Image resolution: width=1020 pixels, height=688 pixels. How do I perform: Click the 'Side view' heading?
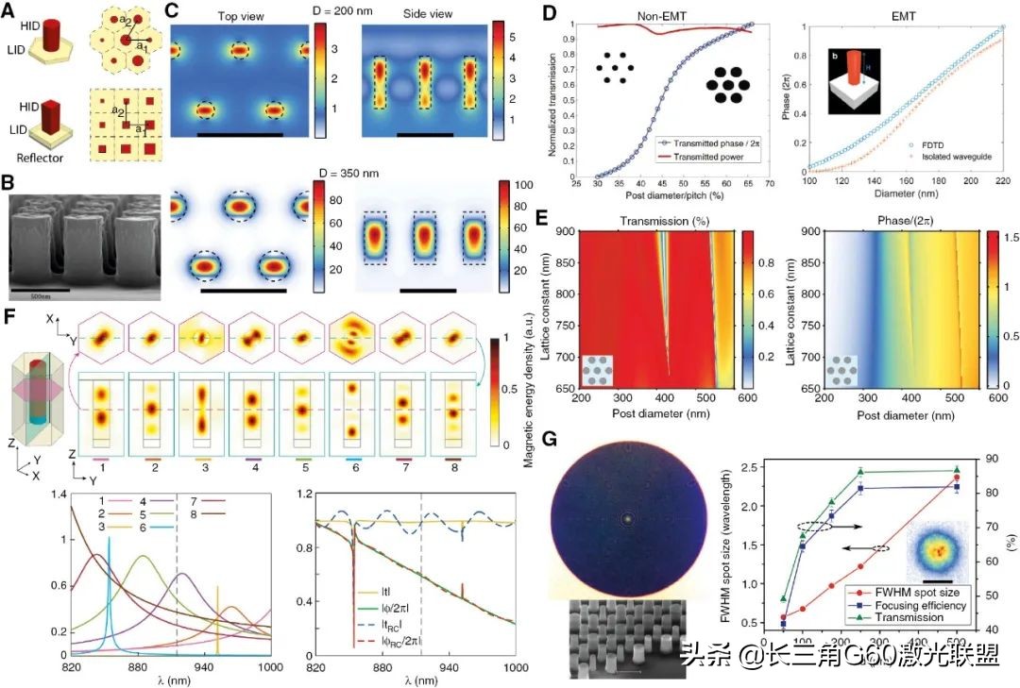[429, 16]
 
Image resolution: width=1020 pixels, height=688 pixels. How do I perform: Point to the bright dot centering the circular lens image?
[625, 518]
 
